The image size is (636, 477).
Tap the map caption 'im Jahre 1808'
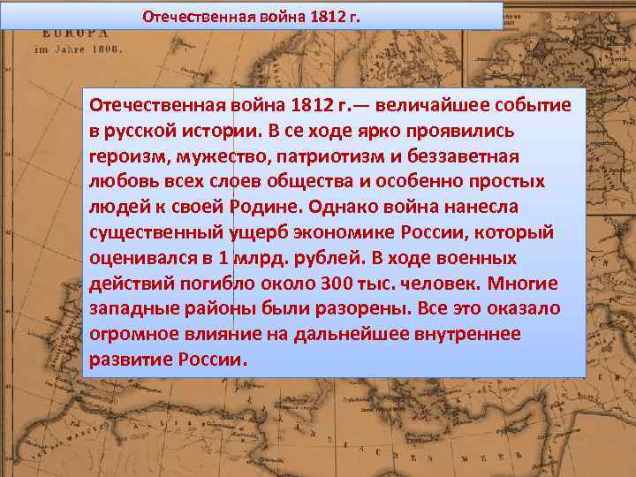[x=78, y=49]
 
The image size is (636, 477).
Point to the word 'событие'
[x=529, y=106]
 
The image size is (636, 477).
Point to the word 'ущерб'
[x=248, y=232]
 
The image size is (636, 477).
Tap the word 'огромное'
[x=138, y=335]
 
